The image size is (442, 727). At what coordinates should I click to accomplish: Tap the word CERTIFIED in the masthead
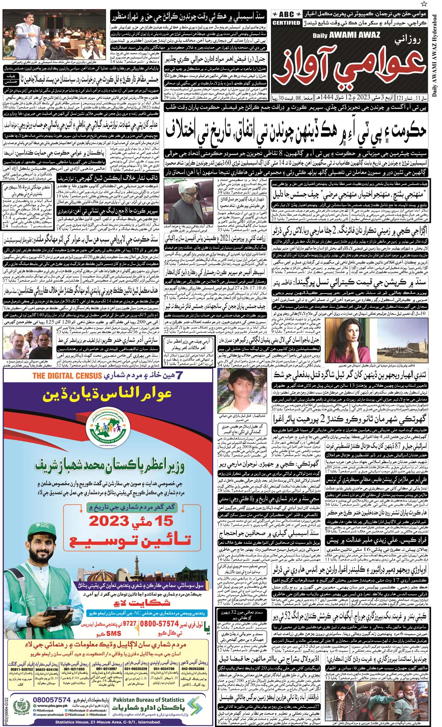pyautogui.click(x=286, y=23)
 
